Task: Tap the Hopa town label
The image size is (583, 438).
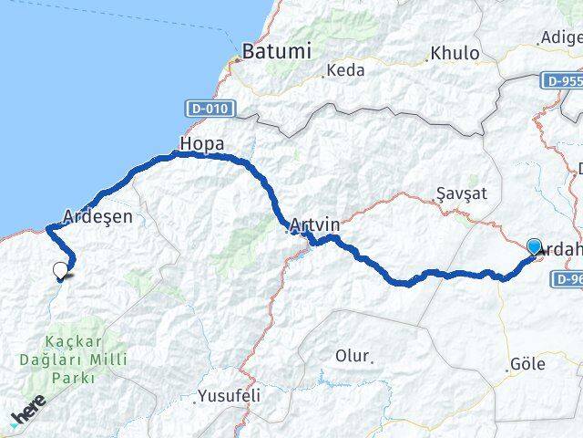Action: (x=202, y=144)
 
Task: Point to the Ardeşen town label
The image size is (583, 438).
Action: (x=97, y=217)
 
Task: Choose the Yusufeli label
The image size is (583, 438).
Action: (x=229, y=397)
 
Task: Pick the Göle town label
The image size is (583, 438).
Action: (x=529, y=364)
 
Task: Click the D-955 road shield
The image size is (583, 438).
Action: (x=565, y=80)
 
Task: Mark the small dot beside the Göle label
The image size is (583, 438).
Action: (x=506, y=369)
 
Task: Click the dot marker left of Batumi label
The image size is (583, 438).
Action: (x=236, y=57)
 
